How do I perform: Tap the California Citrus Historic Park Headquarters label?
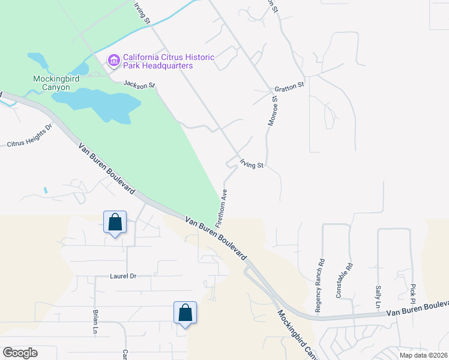click(168, 61)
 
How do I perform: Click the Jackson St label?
click(139, 85)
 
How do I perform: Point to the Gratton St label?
click(290, 87)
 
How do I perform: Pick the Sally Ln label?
click(378, 297)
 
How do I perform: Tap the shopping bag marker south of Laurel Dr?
click(185, 313)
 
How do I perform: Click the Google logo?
click(20, 353)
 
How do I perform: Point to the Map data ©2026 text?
click(423, 355)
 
